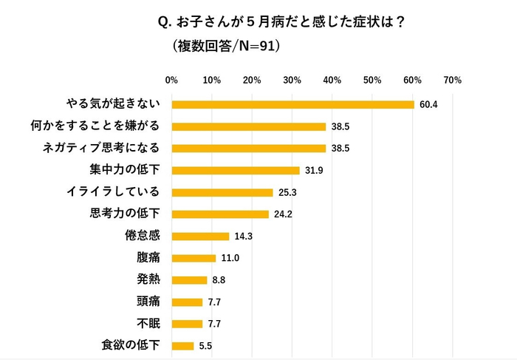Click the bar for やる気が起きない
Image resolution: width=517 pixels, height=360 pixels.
click(292, 104)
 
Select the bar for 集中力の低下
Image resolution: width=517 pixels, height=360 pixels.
click(235, 170)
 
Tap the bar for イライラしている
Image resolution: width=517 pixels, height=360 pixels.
click(222, 192)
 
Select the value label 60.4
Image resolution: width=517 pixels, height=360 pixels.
click(428, 104)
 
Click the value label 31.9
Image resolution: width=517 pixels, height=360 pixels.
click(314, 170)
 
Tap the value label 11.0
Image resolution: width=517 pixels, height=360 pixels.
click(230, 258)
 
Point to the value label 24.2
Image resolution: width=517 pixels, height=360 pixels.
click(283, 214)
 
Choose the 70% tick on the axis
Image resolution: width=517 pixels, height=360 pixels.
click(452, 80)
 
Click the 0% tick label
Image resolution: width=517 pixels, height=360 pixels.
click(171, 80)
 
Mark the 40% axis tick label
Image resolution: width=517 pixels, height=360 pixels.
click(332, 80)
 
